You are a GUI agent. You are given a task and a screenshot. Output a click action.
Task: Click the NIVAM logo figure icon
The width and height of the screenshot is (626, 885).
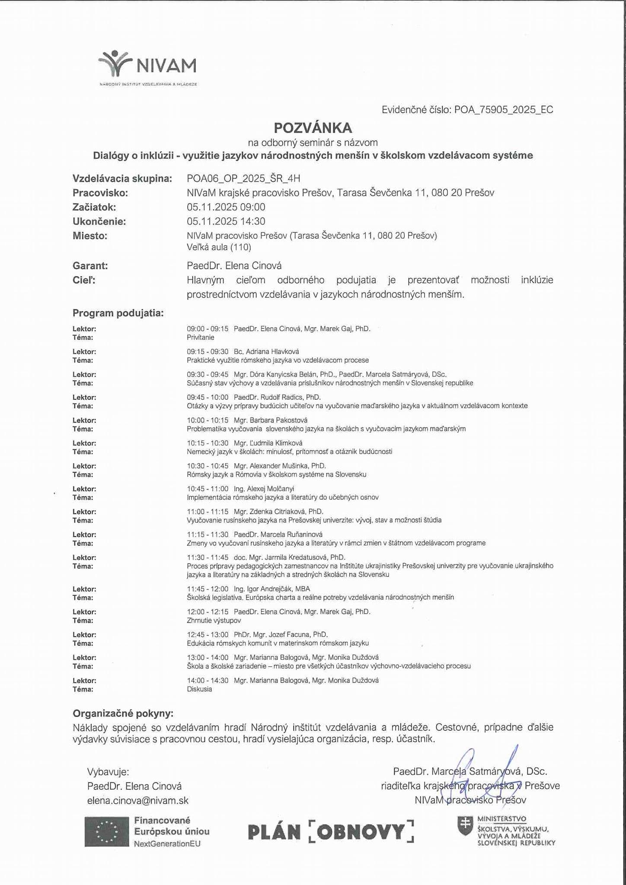pyautogui.click(x=114, y=63)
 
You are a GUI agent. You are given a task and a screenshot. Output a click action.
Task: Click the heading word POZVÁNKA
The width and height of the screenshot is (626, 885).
pyautogui.click(x=313, y=128)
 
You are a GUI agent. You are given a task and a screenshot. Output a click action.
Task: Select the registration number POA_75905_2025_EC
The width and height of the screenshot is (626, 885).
pyautogui.click(x=503, y=110)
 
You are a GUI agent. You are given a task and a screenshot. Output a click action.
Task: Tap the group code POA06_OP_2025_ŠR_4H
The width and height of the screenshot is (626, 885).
pyautogui.click(x=243, y=178)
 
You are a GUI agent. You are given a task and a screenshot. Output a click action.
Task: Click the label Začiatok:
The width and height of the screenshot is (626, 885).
pyautogui.click(x=94, y=207)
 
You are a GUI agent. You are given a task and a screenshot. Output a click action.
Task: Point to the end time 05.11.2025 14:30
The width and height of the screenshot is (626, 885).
pyautogui.click(x=226, y=221)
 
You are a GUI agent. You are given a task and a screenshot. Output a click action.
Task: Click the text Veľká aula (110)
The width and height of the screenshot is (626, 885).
pyautogui.click(x=219, y=247)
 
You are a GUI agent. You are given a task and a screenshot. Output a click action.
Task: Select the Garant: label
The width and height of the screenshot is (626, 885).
pyautogui.click(x=90, y=266)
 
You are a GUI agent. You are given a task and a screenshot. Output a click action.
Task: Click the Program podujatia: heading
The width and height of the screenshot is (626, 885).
pyautogui.click(x=118, y=313)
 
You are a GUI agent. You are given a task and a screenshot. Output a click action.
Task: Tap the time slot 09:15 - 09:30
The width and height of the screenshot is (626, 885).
pyautogui.click(x=208, y=352)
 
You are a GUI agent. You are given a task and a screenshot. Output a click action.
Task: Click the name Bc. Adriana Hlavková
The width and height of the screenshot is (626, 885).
pyautogui.click(x=266, y=352)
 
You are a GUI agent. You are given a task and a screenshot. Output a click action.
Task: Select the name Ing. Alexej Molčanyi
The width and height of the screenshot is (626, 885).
pyautogui.click(x=264, y=489)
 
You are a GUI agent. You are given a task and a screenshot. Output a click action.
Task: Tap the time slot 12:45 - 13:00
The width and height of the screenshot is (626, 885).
pyautogui.click(x=208, y=635)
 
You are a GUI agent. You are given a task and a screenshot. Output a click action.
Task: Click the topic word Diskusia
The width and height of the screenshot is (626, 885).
pyautogui.click(x=199, y=689)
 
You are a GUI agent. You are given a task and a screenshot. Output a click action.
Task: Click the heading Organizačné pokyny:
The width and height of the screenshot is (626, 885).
pyautogui.click(x=123, y=713)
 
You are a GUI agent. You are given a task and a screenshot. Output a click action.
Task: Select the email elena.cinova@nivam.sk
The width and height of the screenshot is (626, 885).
pyautogui.click(x=138, y=800)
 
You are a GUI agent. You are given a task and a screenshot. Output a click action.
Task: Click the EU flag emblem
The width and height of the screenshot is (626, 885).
pyautogui.click(x=107, y=831)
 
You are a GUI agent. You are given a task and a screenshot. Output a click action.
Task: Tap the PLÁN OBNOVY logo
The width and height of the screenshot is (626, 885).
pyautogui.click(x=331, y=832)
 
